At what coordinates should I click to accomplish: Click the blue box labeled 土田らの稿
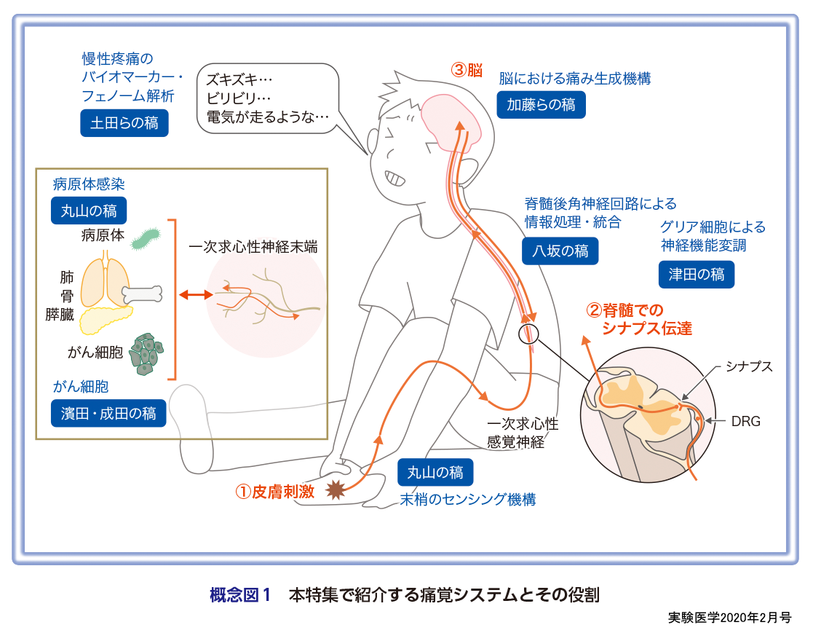tap(124, 123)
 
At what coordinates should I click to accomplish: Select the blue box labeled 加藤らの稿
tap(541, 105)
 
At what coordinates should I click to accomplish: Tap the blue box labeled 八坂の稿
tap(560, 251)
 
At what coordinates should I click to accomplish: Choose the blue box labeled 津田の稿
tap(697, 274)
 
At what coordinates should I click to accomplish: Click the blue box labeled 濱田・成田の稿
tap(108, 413)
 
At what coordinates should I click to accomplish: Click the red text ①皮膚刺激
tap(274, 491)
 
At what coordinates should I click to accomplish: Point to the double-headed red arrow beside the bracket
tap(197, 295)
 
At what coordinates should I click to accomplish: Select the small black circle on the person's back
tap(529, 334)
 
